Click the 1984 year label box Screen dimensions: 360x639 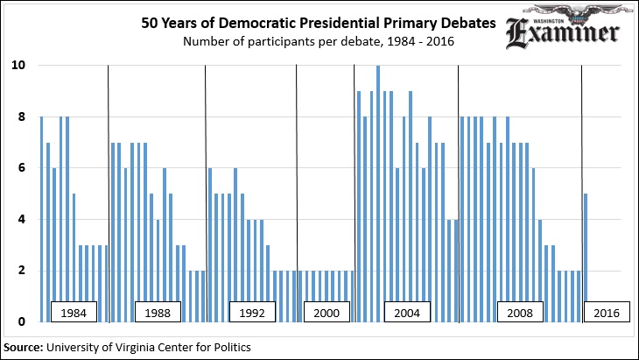(x=74, y=313)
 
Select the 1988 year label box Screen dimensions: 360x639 (x=158, y=313)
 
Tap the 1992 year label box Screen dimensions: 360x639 (x=252, y=313)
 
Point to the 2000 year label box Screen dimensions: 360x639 (x=326, y=313)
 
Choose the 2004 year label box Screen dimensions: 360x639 (x=409, y=313)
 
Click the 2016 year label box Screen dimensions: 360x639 (x=607, y=313)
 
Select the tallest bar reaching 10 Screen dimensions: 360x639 (x=378, y=194)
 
